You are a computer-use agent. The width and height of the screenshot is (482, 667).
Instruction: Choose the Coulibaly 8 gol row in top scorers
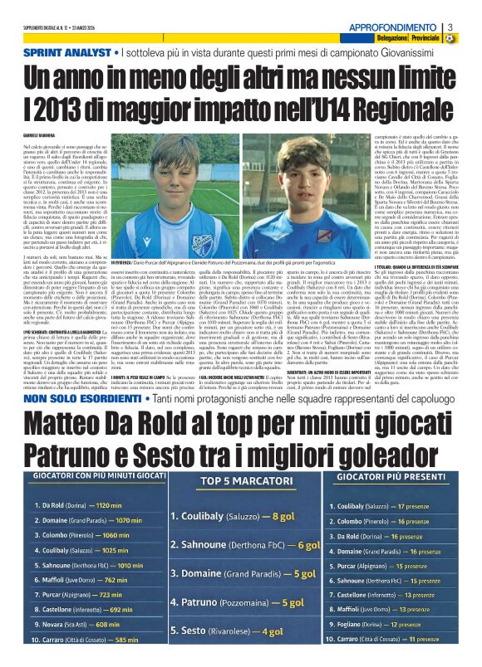[x=241, y=515]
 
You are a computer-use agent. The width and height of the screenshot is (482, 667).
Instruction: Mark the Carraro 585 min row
[x=76, y=640]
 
